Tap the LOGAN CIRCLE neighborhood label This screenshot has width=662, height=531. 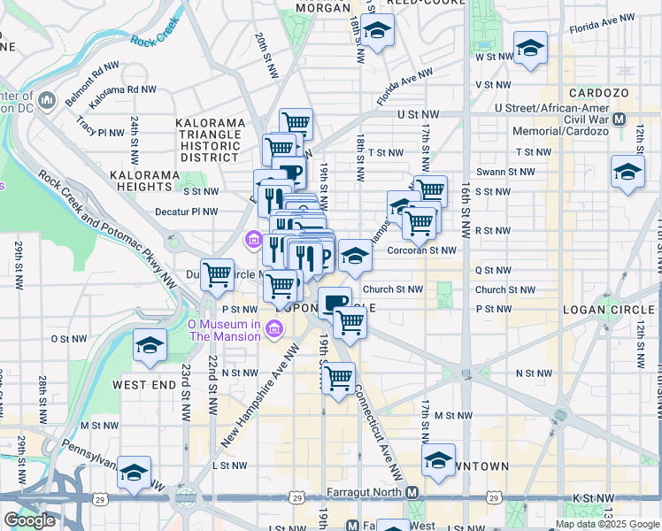615,310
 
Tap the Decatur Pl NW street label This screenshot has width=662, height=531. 186,212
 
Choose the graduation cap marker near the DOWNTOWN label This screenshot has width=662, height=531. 438,459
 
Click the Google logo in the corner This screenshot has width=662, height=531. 29,520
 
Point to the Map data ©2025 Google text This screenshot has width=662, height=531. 606,524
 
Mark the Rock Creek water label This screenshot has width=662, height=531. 155,40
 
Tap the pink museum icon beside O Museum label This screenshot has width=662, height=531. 274,330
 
